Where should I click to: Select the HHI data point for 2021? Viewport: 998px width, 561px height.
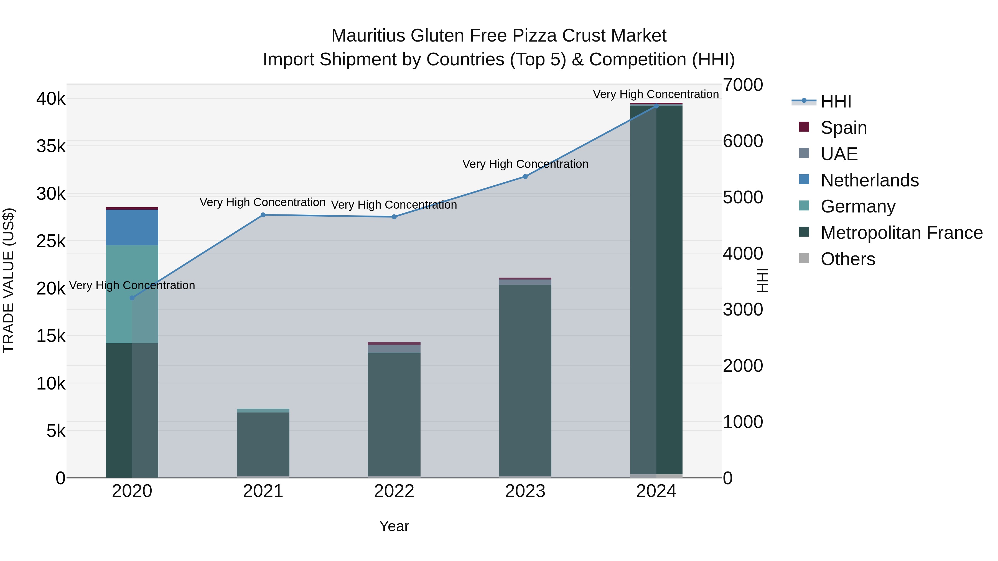pos(263,215)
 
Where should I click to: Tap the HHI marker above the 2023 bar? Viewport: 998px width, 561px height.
pos(525,176)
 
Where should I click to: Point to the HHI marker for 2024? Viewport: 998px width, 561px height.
pos(656,106)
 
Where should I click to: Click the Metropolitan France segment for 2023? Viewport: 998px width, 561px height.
pos(525,380)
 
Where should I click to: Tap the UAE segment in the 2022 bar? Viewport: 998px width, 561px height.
pos(394,349)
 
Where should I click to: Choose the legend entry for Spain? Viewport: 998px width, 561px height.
pos(843,128)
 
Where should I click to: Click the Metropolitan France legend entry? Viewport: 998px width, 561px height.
pos(901,233)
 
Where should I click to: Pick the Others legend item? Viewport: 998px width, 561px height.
pos(847,259)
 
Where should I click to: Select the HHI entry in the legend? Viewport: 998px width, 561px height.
pos(836,101)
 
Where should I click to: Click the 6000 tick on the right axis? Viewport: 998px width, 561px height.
pos(743,141)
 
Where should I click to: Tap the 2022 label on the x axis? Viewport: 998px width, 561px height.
pos(394,491)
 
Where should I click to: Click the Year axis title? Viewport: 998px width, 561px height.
pos(394,526)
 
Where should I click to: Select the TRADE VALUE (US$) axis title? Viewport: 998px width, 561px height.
pos(9,280)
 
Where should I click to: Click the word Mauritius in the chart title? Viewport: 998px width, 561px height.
pos(368,36)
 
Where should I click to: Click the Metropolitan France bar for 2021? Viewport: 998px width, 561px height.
pos(263,443)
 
